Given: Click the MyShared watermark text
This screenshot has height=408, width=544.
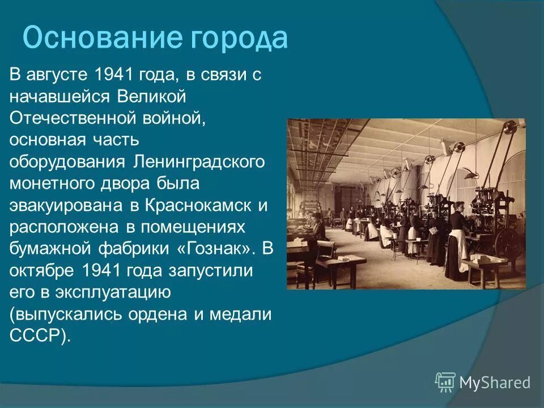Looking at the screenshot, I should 495,383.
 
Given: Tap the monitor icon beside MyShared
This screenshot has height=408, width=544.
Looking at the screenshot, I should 445,382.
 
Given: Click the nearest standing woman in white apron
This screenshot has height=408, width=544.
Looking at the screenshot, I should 456,241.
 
